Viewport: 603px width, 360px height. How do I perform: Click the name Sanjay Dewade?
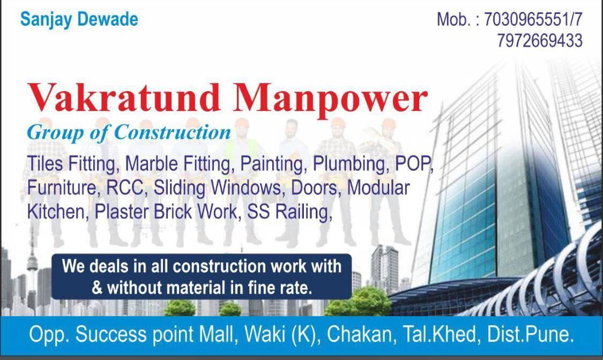[x=79, y=20]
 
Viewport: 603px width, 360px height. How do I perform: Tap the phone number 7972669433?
[x=539, y=41]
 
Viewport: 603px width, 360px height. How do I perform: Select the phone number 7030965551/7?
[x=533, y=20]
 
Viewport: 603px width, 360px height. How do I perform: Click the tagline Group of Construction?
[x=129, y=132]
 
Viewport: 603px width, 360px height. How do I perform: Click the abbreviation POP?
[x=413, y=163]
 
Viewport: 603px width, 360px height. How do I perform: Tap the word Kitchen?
[x=56, y=212]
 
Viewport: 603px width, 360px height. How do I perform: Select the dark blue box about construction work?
[x=202, y=276]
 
